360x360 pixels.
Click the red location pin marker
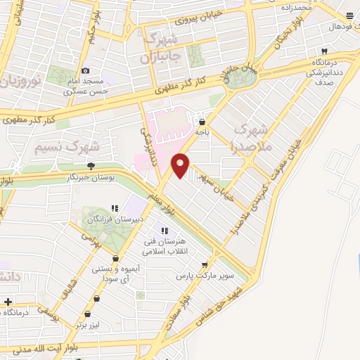tap(180, 164)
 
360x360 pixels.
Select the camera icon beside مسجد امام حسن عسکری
tap(86, 70)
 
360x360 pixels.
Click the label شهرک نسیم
tap(66, 147)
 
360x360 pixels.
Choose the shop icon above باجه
tap(202, 121)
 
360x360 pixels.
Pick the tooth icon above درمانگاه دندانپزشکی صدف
tap(324, 51)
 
